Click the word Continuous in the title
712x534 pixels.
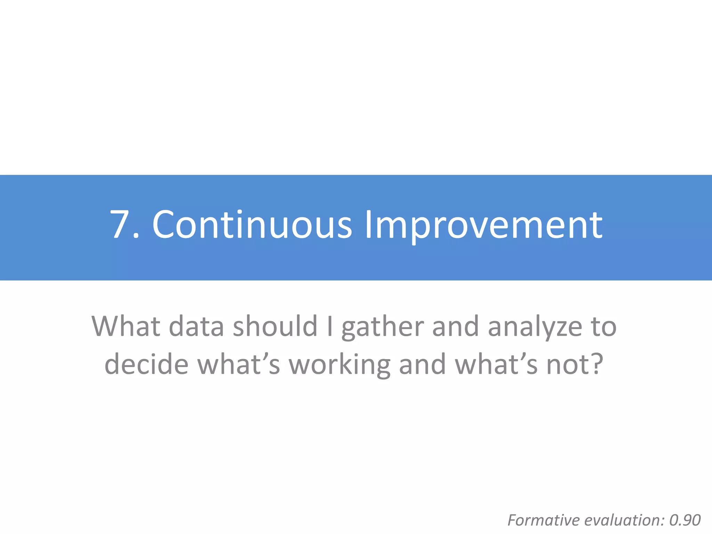[x=252, y=225]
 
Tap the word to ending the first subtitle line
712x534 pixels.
[x=604, y=327]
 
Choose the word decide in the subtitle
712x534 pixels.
[x=146, y=364]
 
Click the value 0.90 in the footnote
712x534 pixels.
[x=685, y=520]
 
